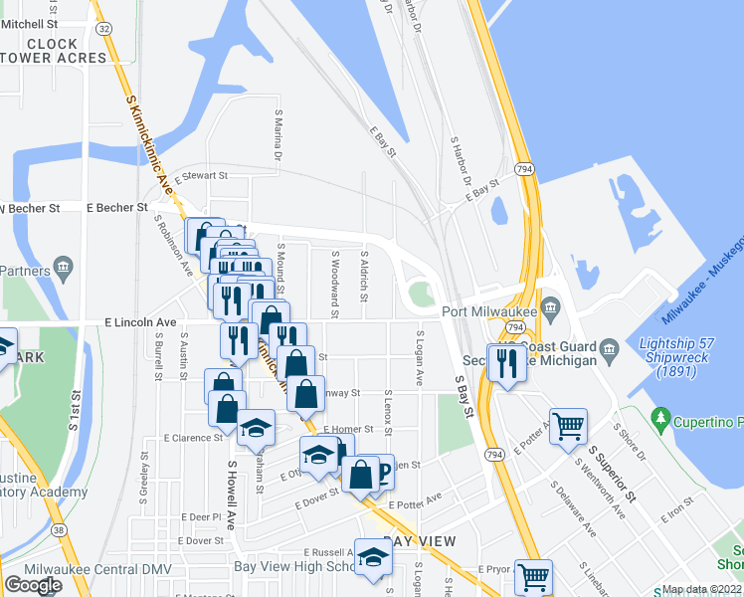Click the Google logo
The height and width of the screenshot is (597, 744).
(x=33, y=585)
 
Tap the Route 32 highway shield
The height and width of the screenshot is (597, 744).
(x=103, y=29)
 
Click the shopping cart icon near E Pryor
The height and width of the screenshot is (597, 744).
(x=534, y=576)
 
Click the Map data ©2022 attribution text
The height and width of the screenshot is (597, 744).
(x=702, y=590)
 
